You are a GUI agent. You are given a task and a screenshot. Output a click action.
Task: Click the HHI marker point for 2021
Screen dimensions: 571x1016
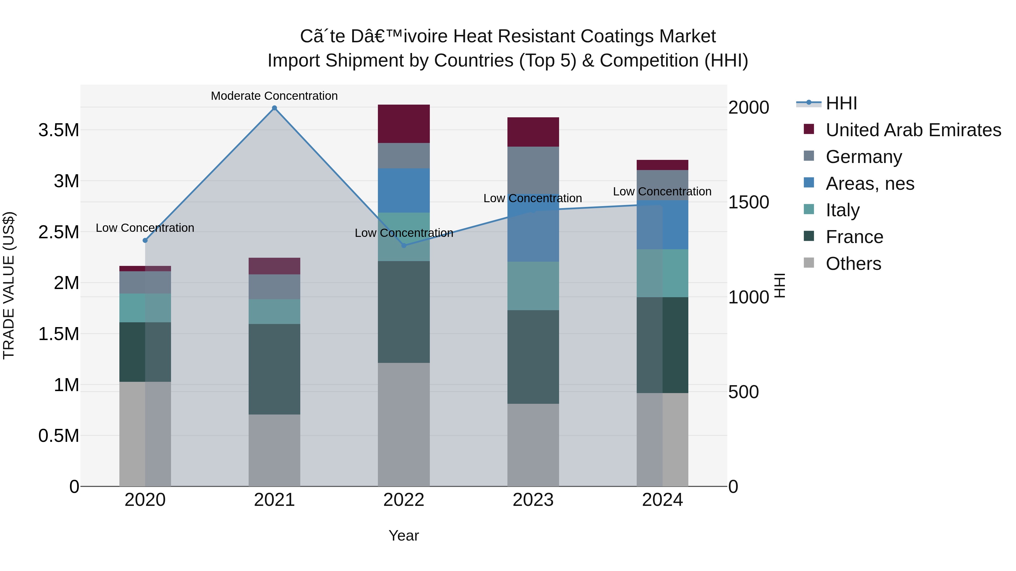[x=275, y=108]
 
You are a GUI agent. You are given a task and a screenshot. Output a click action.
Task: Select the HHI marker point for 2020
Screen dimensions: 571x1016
[x=145, y=240]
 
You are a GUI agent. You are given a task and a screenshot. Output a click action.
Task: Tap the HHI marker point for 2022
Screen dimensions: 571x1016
[x=404, y=246]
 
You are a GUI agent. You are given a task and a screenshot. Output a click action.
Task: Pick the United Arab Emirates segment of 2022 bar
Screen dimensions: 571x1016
[x=404, y=124]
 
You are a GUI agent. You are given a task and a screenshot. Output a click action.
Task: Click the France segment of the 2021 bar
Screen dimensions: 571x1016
[x=275, y=369]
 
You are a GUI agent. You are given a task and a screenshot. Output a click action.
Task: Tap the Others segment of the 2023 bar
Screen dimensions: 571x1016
[x=533, y=445]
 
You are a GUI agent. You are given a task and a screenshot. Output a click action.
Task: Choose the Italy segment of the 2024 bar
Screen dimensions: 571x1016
[x=662, y=273]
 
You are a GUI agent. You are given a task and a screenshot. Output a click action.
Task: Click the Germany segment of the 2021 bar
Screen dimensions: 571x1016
[x=275, y=286]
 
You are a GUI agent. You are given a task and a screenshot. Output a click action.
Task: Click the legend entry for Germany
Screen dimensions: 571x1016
[x=864, y=157]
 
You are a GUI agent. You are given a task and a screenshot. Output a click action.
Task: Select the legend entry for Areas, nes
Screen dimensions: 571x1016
[x=870, y=184]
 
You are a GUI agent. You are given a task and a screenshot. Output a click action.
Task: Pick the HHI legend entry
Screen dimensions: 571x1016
[x=841, y=103]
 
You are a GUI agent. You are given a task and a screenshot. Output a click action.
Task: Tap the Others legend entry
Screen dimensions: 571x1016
[x=853, y=264]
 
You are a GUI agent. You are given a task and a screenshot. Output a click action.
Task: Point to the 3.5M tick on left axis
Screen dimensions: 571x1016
[x=59, y=130]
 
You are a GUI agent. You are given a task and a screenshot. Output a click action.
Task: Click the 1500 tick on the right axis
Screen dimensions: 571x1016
[x=748, y=202]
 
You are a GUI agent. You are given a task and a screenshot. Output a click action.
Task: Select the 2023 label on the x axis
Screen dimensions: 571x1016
[x=533, y=500]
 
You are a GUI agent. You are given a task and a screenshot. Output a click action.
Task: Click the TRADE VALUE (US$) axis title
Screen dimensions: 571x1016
[x=9, y=285]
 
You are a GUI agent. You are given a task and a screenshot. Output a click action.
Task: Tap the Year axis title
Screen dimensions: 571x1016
[x=404, y=535]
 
